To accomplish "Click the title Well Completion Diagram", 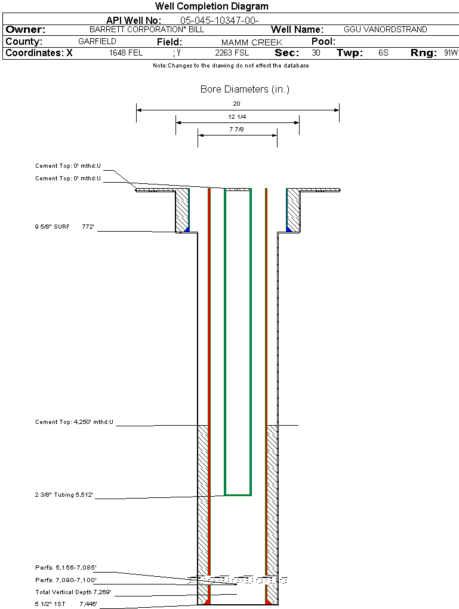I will (212, 7).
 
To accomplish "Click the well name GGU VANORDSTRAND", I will (385, 29).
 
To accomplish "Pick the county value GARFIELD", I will (97, 42).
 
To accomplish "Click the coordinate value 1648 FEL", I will (126, 53).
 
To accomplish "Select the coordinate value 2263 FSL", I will (232, 53).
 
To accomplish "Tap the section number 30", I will (316, 53).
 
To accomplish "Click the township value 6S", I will (383, 53).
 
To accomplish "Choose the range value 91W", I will (451, 53).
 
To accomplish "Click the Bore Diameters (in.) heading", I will (245, 90).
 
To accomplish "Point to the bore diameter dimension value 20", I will (237, 104).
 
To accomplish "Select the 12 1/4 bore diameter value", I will (237, 116).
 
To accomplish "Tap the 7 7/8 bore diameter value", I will (237, 129).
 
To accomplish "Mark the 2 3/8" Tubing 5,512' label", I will (64, 494).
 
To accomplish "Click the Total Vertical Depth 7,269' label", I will (73, 592).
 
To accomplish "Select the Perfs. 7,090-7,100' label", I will (66, 580).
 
